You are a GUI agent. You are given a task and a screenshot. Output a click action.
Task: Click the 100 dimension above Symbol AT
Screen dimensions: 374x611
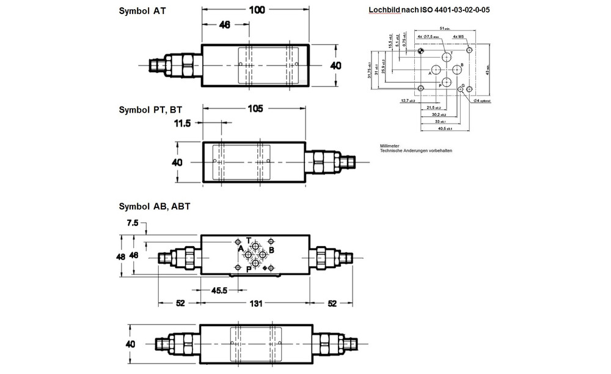click(x=256, y=10)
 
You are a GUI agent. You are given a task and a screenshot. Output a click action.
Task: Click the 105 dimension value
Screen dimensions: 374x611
click(x=256, y=109)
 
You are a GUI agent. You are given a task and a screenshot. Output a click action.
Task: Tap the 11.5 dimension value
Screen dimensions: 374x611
click(x=182, y=123)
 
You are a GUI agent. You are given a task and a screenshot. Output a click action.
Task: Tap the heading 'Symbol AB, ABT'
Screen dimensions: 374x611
click(x=155, y=206)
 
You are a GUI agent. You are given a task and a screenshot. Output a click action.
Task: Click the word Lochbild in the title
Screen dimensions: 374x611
click(x=385, y=10)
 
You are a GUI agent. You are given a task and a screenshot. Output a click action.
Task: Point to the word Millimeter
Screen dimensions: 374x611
click(x=389, y=146)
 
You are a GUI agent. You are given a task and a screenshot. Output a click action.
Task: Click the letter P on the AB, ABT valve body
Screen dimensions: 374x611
click(x=249, y=269)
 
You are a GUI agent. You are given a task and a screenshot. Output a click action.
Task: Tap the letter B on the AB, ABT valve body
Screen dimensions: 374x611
click(x=271, y=250)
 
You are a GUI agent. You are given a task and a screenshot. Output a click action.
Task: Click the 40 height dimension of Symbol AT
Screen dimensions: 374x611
click(x=335, y=65)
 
